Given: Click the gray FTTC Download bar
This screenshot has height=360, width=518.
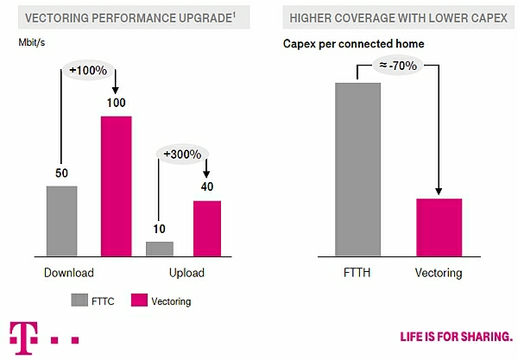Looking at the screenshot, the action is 62,221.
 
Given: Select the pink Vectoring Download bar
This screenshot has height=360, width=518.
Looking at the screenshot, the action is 117,186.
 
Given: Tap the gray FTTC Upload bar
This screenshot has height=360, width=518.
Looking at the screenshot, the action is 160,249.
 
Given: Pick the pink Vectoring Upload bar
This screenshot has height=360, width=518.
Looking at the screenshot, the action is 207,229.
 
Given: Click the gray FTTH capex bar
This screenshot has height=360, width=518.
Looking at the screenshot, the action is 357,169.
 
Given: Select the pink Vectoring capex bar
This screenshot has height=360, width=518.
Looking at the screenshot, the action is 439,228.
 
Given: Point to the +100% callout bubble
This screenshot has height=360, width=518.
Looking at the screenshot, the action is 88,70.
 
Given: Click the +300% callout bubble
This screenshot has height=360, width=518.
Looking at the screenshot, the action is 182,155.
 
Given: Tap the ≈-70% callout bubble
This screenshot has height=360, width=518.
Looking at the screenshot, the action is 398,66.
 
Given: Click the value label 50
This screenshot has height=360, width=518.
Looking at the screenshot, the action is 62,173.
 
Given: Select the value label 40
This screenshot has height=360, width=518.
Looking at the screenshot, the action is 207,186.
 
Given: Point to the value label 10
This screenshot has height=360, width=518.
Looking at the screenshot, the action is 159,229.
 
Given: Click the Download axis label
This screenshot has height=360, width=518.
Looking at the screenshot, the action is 69,273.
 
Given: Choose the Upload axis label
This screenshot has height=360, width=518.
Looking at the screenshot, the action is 186,273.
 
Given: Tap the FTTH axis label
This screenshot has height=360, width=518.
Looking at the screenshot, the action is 357,273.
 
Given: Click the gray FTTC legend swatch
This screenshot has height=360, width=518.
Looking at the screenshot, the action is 79,300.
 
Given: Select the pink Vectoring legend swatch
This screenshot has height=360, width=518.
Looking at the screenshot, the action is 139,300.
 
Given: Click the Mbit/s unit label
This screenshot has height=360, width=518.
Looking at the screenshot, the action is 32,42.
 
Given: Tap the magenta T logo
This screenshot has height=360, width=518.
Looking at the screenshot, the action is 23,338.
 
